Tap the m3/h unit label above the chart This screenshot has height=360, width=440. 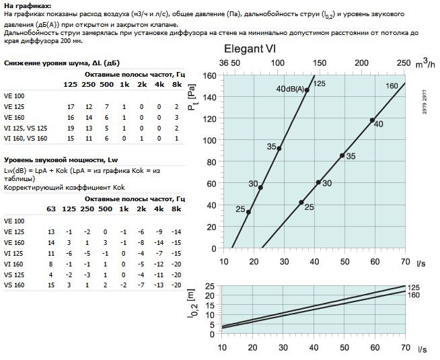pyautogui.click(x=425, y=63)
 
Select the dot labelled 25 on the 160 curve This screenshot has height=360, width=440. pyautogui.click(x=301, y=202)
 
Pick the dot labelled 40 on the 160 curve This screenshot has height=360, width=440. pyautogui.click(x=372, y=120)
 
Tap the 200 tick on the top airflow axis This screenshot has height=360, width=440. pyautogui.click(x=361, y=63)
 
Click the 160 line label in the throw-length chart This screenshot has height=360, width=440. pyautogui.click(x=414, y=294)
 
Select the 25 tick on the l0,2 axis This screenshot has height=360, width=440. pyautogui.click(x=210, y=286)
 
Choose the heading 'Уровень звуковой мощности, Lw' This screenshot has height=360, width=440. pyautogui.click(x=51, y=160)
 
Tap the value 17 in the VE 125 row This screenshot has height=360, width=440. pyautogui.click(x=71, y=107)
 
